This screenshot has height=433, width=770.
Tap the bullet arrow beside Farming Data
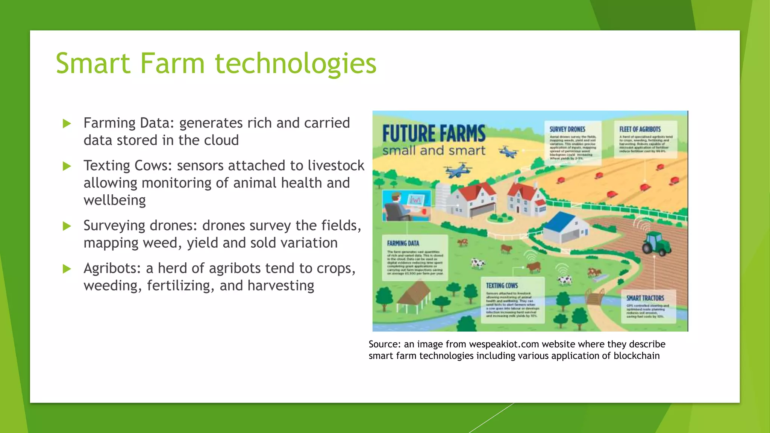click(67, 123)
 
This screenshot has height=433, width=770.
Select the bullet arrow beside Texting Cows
click(67, 166)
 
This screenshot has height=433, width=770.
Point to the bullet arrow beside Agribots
click(67, 269)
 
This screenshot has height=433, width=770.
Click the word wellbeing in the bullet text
click(115, 200)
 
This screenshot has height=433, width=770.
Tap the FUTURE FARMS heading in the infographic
click(434, 134)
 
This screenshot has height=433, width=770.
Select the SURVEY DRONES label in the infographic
click(567, 129)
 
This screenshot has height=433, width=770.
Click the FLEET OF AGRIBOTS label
click(640, 129)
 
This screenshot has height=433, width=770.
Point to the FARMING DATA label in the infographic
click(403, 243)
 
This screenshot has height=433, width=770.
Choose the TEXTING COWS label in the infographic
click(502, 286)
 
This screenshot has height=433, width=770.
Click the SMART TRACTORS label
click(645, 298)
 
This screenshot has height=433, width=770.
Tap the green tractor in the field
click(656, 243)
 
